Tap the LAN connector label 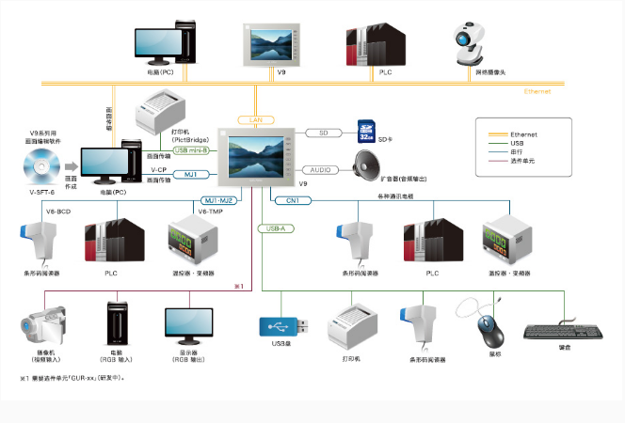[255, 119]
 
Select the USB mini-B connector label [195, 149]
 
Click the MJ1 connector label [190, 174]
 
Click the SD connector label [323, 133]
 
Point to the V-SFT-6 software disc [43, 169]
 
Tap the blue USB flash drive [280, 325]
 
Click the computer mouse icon [487, 328]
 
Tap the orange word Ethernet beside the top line [537, 92]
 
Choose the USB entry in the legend [516, 143]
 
